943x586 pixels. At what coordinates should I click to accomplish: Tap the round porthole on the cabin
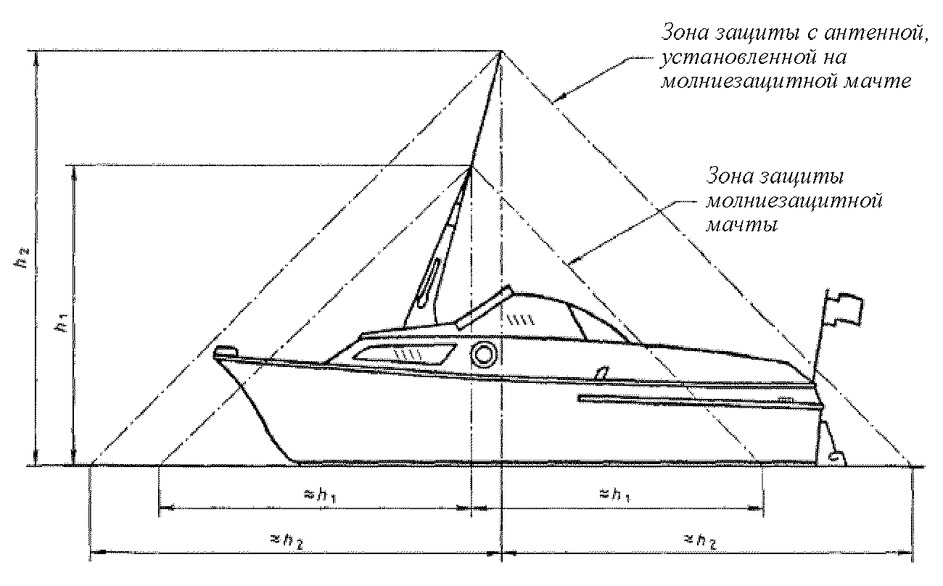point(483,354)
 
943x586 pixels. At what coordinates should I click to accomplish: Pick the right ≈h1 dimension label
point(614,495)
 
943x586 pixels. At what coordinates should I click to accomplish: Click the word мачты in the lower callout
point(742,225)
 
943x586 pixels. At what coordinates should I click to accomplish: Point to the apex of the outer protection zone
point(501,52)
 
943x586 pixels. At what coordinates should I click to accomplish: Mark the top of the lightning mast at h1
point(471,167)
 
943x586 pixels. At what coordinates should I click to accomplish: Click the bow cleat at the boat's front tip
point(226,352)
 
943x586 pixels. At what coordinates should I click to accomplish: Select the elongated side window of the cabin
point(405,355)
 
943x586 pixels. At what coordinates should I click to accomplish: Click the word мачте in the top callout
point(878,81)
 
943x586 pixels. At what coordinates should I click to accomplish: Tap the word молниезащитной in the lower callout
point(794,201)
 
